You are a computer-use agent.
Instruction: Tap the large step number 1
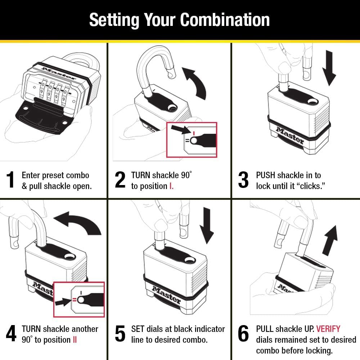[11, 180]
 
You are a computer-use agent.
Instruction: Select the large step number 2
[120, 180]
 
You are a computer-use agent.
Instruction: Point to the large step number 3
[243, 180]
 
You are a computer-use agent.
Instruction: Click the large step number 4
[11, 334]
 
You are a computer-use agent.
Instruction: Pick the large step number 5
[120, 334]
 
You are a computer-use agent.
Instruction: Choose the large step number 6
[243, 334]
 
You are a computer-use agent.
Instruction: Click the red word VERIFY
[328, 329]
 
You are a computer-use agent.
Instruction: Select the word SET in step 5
[138, 329]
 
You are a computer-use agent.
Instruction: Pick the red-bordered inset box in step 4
[79, 300]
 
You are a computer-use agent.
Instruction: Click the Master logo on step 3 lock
[290, 135]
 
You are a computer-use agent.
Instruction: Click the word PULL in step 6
[265, 329]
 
